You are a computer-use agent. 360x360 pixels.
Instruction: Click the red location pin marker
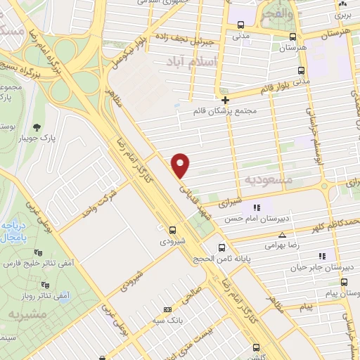[x=181, y=166]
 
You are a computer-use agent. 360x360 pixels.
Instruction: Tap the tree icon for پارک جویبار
[x=37, y=127]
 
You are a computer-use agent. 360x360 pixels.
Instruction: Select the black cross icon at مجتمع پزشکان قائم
[x=224, y=100]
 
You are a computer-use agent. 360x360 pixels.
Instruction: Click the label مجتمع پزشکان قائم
[x=226, y=111]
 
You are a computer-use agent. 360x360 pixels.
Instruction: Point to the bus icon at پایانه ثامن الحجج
[x=222, y=247]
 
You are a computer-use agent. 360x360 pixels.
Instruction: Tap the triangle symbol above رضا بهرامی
[x=283, y=236]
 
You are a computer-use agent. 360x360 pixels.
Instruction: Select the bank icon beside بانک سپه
[x=167, y=309]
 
